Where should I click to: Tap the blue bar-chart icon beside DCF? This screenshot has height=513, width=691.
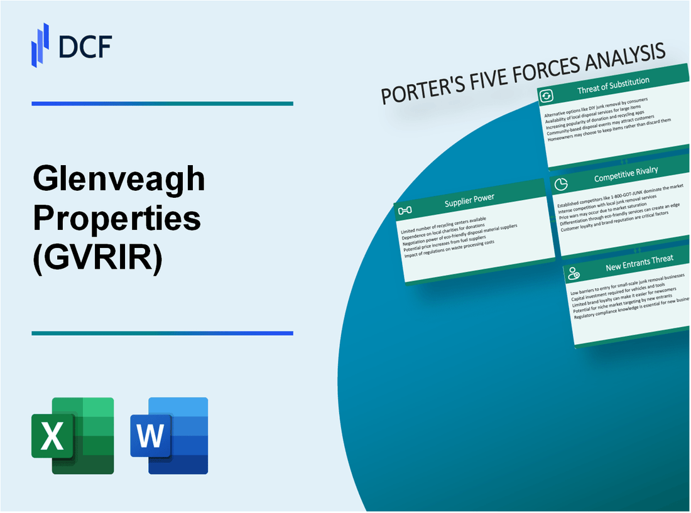click(40, 45)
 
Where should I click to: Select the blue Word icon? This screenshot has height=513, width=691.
click(169, 435)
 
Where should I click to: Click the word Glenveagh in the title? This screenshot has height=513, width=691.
click(119, 181)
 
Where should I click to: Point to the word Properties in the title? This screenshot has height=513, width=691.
click(117, 219)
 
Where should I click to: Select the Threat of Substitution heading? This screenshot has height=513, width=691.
click(613, 89)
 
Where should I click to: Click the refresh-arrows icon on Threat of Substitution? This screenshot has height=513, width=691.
click(547, 96)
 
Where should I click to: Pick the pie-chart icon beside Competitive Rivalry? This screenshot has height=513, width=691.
click(562, 184)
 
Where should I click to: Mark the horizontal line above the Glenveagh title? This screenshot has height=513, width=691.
click(162, 104)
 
